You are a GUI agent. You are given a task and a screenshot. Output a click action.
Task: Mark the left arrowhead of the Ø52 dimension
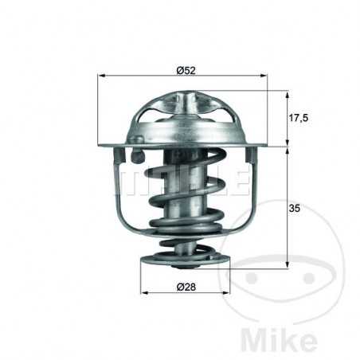101,76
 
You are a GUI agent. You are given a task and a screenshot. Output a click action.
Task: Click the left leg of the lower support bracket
127,199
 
